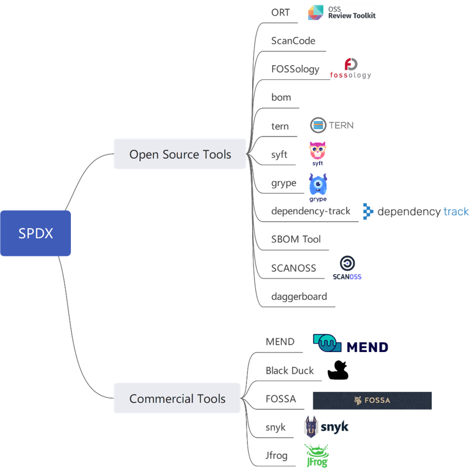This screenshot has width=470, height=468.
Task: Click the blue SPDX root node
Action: click(35, 233)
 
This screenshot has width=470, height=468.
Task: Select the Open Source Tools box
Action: click(180, 154)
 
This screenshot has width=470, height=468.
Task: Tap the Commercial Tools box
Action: click(177, 399)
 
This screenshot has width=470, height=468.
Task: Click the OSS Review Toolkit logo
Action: click(342, 14)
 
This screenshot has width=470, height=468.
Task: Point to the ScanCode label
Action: click(293, 41)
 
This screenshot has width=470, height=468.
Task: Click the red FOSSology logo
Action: click(350, 69)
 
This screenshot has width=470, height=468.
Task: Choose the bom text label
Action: click(281, 98)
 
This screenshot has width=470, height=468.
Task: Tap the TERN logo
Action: click(332, 125)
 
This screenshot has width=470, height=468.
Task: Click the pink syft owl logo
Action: click(317, 153)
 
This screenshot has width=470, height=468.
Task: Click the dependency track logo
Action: click(416, 211)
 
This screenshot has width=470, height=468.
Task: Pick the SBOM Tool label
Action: click(296, 239)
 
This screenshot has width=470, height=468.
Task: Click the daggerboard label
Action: click(299, 297)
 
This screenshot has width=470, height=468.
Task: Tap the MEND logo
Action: click(351, 344)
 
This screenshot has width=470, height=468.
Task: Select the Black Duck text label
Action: click(289, 370)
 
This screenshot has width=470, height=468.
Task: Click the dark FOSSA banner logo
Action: click(372, 401)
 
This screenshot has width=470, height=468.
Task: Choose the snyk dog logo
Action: click(325, 427)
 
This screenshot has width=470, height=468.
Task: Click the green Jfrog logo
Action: click(316, 455)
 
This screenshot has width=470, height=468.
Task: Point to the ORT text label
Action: click(281, 13)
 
